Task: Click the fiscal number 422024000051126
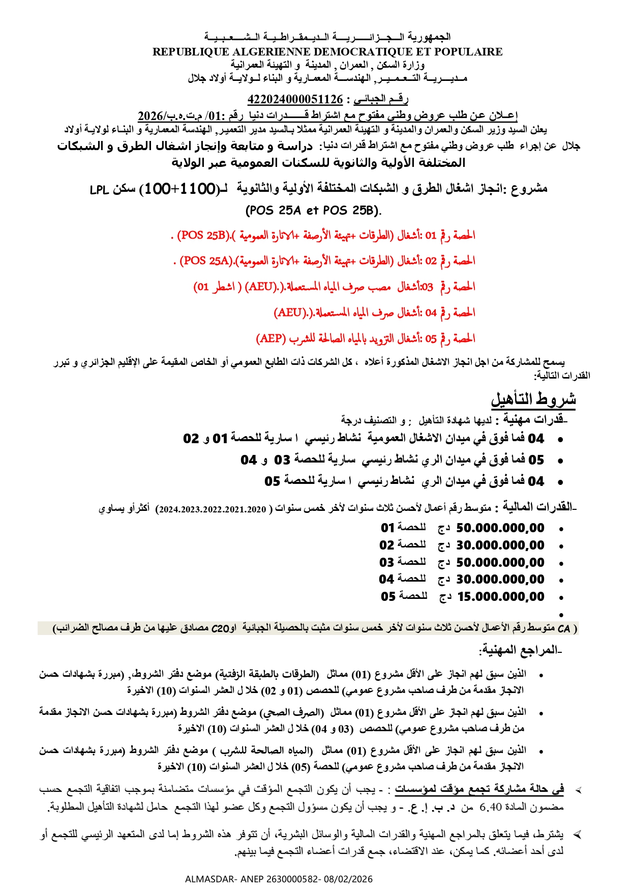coord(295,99)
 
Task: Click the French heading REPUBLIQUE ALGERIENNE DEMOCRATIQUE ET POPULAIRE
coord(327,52)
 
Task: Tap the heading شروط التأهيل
coord(533,399)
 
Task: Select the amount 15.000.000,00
coord(501,597)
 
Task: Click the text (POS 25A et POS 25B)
coord(313,210)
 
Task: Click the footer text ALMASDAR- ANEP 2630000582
coord(279,879)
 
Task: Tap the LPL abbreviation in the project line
coord(100,190)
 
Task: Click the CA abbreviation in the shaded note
coord(563,629)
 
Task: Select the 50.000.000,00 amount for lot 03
coord(500,563)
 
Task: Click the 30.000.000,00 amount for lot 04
coord(500,580)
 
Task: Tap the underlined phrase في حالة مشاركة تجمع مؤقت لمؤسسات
coord(479,790)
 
